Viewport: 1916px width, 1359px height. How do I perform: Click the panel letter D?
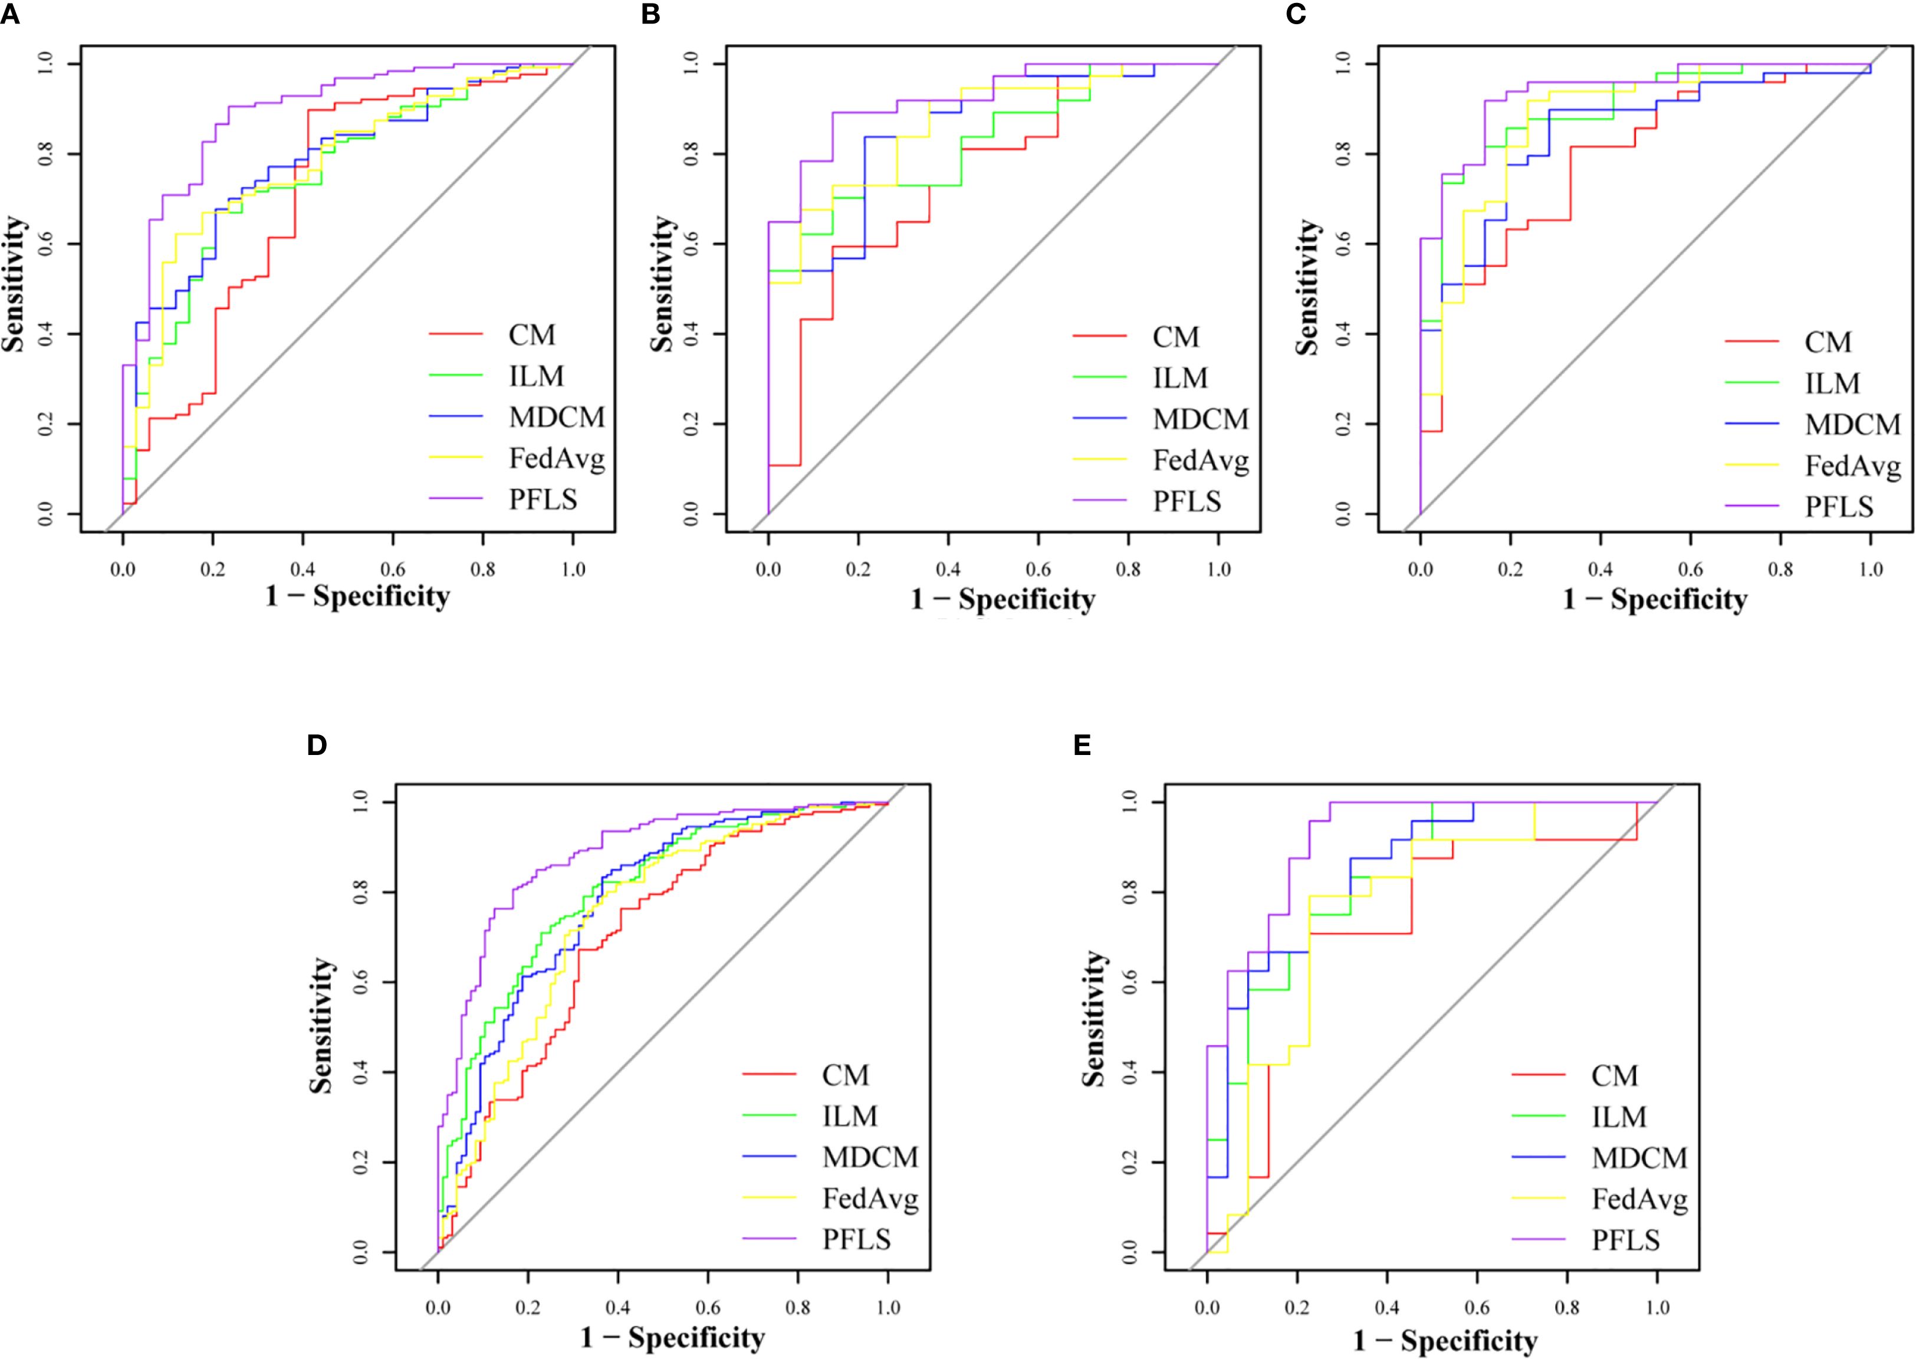(316, 745)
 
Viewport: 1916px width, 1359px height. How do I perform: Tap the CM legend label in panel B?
(1175, 337)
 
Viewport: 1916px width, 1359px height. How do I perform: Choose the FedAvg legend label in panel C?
(1852, 466)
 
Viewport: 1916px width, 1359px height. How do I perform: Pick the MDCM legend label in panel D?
(870, 1157)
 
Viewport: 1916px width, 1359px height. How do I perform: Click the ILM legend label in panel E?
(1619, 1117)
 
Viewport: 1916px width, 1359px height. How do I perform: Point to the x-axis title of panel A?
(357, 597)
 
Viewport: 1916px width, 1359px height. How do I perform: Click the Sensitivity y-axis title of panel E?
(1093, 1019)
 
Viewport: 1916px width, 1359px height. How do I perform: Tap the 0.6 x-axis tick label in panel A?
(392, 570)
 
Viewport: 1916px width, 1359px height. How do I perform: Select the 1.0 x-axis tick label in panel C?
(1870, 570)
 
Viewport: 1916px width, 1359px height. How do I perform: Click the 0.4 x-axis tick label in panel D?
(617, 1308)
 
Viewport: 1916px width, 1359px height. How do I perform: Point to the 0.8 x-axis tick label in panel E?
(1567, 1308)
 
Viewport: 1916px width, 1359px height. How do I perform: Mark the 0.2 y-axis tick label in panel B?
(690, 424)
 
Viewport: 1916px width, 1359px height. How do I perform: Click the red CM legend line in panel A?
(456, 334)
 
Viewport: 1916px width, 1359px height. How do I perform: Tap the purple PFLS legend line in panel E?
(1539, 1239)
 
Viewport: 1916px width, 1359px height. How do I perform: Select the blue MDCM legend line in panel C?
(1751, 424)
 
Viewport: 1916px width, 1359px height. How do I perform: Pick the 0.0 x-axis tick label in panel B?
(768, 570)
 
